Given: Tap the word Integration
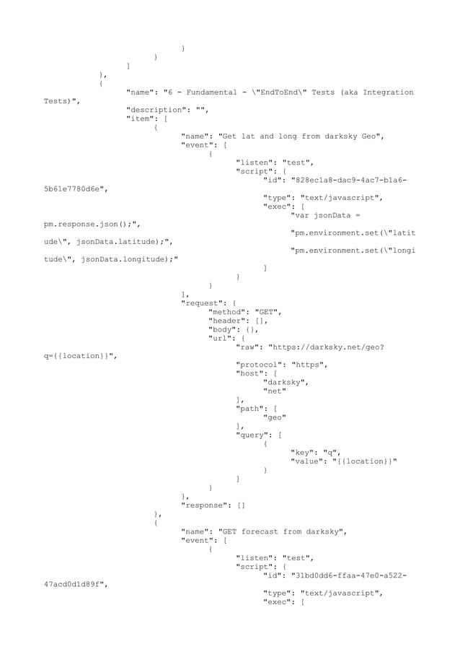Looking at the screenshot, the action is pos(388,92).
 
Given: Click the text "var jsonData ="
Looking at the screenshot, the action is pos(324,215).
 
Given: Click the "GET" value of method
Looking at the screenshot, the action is pos(268,311).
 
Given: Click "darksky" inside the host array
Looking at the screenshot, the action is pos(286,382).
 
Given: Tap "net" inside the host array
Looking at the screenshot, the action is pos(274,391).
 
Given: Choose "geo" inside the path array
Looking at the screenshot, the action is pos(274,417).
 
